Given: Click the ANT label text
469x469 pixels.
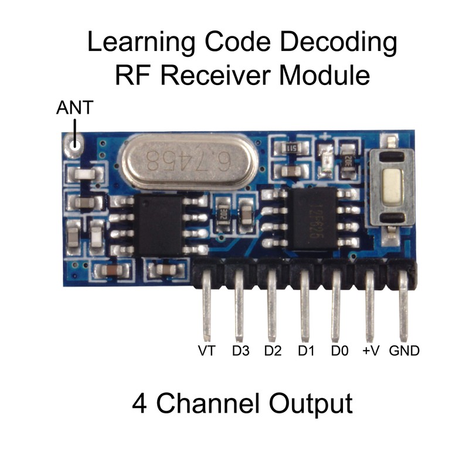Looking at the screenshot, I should [x=74, y=108].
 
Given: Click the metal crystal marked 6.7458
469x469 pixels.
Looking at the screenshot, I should [x=188, y=162].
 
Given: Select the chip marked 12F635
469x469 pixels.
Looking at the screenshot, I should [x=311, y=217].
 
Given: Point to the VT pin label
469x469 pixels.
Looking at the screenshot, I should [x=206, y=351].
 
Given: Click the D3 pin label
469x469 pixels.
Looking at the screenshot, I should [x=240, y=351].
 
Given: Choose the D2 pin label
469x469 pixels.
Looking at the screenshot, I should [x=273, y=351].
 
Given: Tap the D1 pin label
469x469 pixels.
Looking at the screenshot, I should [x=306, y=351].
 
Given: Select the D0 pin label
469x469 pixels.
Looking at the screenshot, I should [x=339, y=351].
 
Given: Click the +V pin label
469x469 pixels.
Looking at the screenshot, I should [x=371, y=351].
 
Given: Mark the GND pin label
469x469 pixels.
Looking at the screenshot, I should [x=404, y=351].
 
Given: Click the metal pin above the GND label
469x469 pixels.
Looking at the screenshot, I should [x=404, y=311].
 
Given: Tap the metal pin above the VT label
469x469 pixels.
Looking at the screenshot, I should [x=206, y=311].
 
